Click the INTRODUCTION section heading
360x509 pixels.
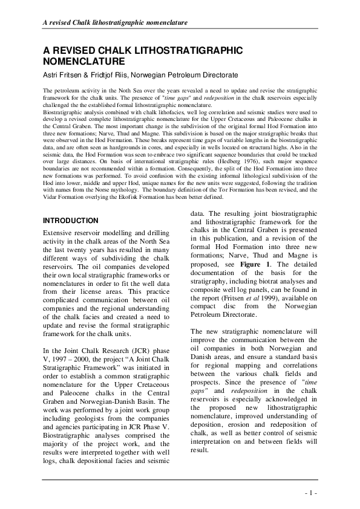70,221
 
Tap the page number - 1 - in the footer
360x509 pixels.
311,493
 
